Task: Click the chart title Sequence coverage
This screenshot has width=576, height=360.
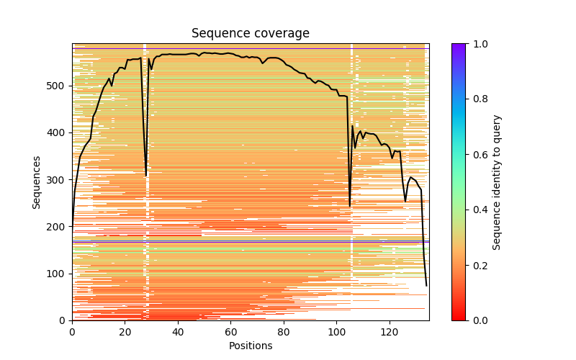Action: (x=250, y=34)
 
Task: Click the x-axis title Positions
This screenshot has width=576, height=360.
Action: (x=250, y=346)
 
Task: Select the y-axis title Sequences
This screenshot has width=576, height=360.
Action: (x=37, y=182)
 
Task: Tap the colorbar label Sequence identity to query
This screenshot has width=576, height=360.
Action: (x=498, y=182)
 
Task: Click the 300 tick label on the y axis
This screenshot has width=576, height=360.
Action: (x=58, y=180)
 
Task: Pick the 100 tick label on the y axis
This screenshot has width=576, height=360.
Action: (x=58, y=274)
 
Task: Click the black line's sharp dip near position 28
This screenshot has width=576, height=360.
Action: (x=146, y=175)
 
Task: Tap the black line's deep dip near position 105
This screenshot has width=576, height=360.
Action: (x=350, y=206)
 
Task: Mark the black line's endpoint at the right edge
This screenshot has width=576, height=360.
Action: (x=426, y=286)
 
